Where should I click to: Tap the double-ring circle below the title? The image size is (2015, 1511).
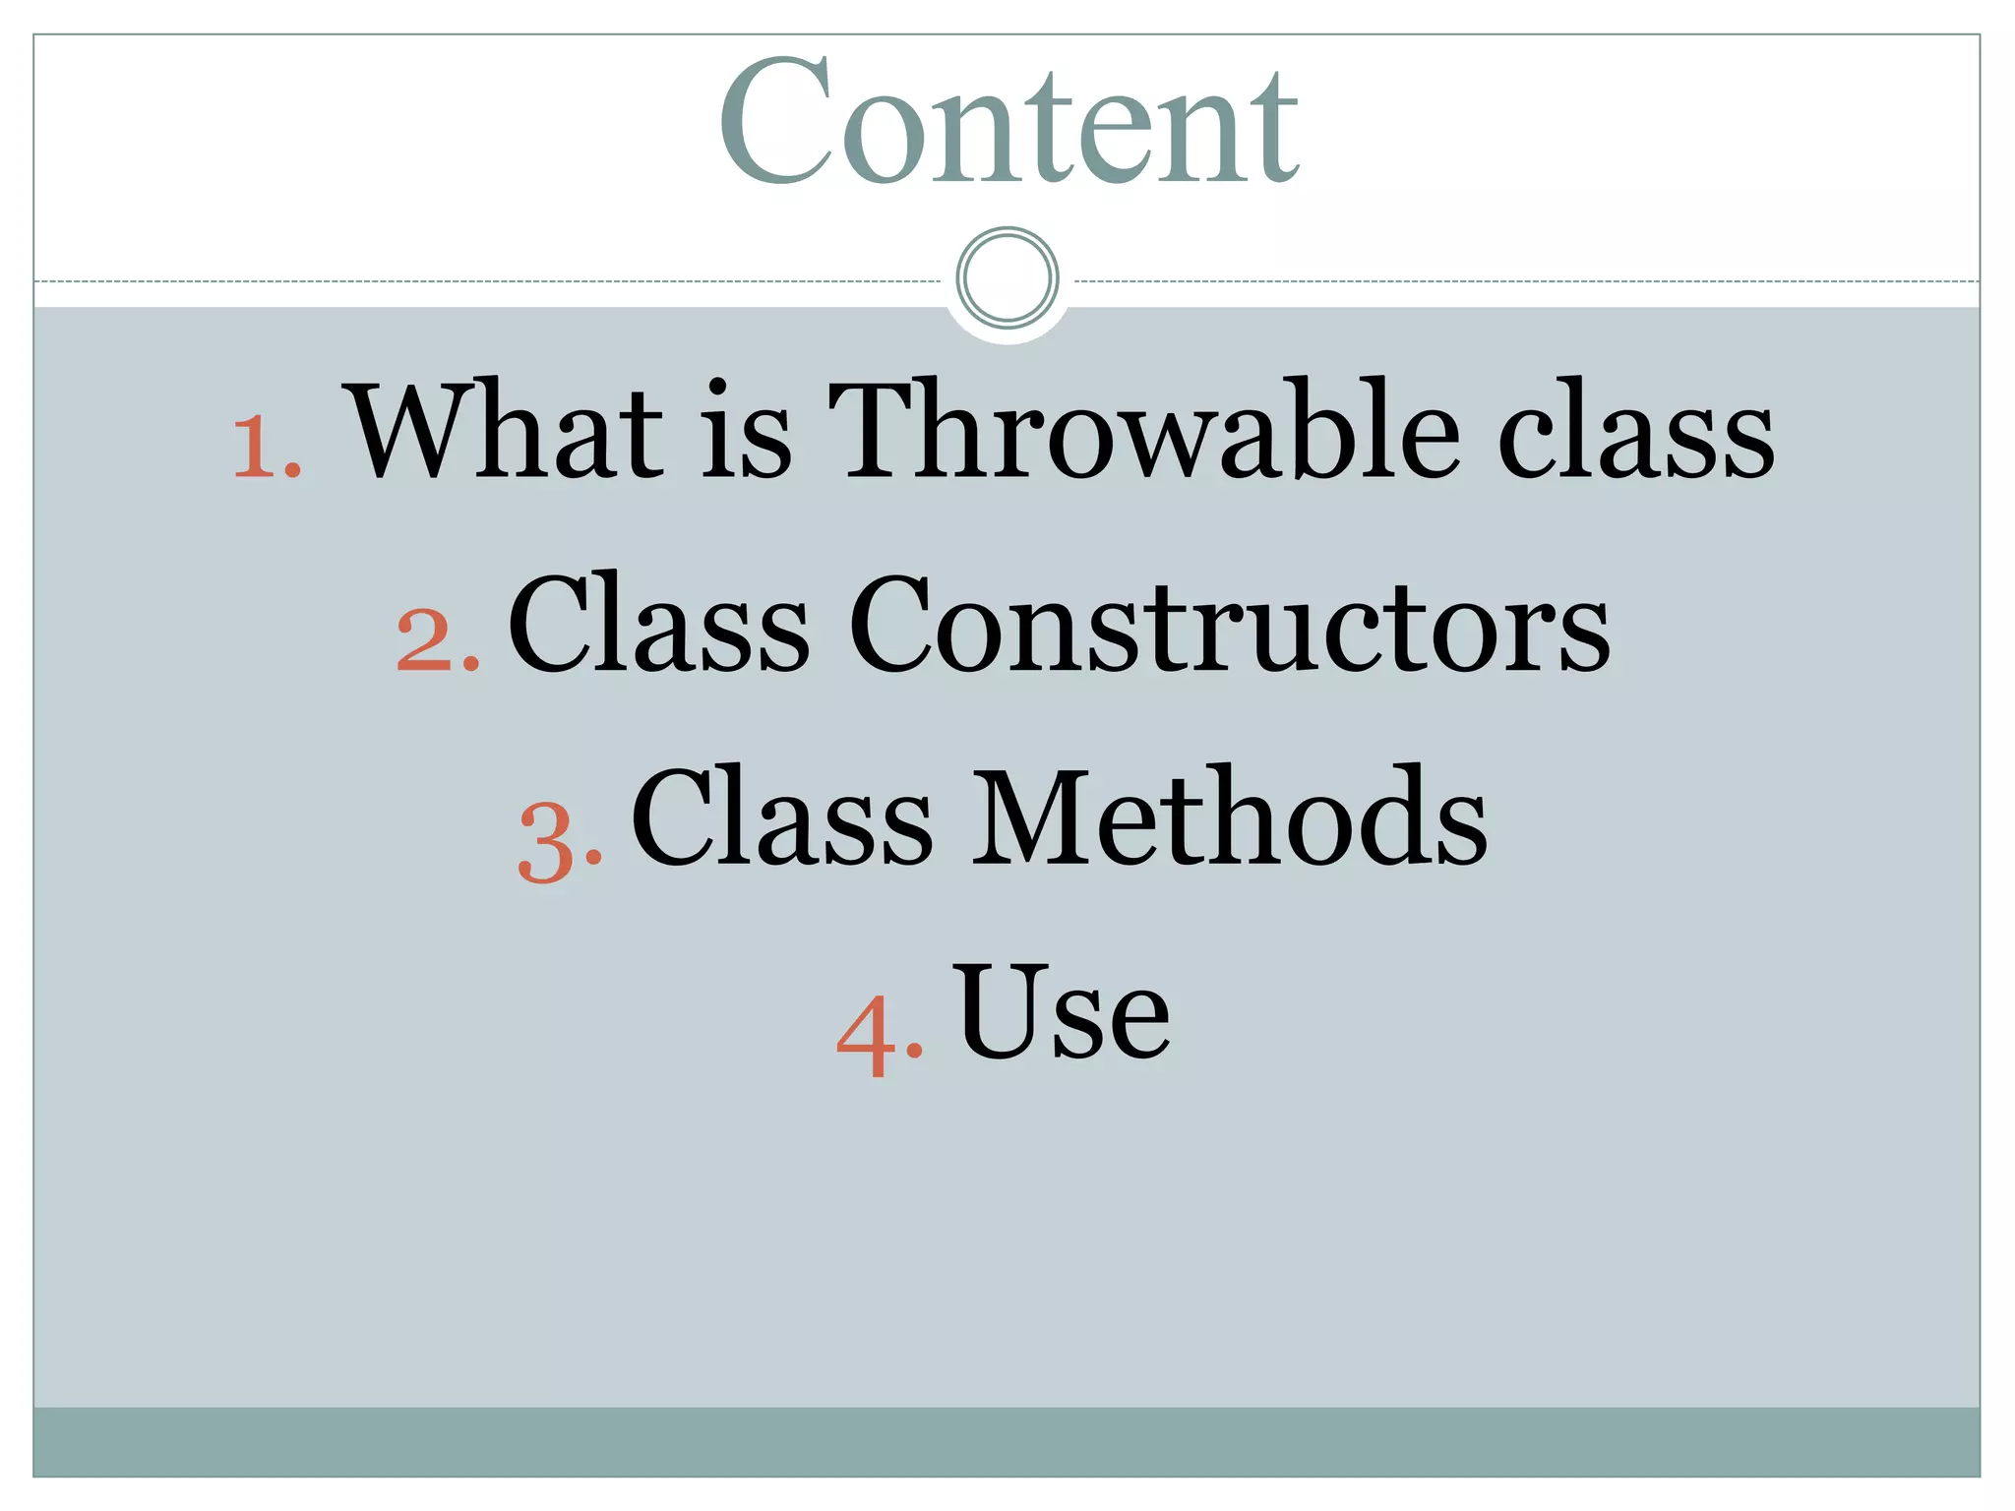[1007, 277]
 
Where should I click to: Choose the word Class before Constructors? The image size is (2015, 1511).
[657, 624]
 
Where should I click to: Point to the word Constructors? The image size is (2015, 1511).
[1229, 626]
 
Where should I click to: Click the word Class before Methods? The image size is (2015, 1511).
[781, 817]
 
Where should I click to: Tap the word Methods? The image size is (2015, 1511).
[1229, 817]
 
